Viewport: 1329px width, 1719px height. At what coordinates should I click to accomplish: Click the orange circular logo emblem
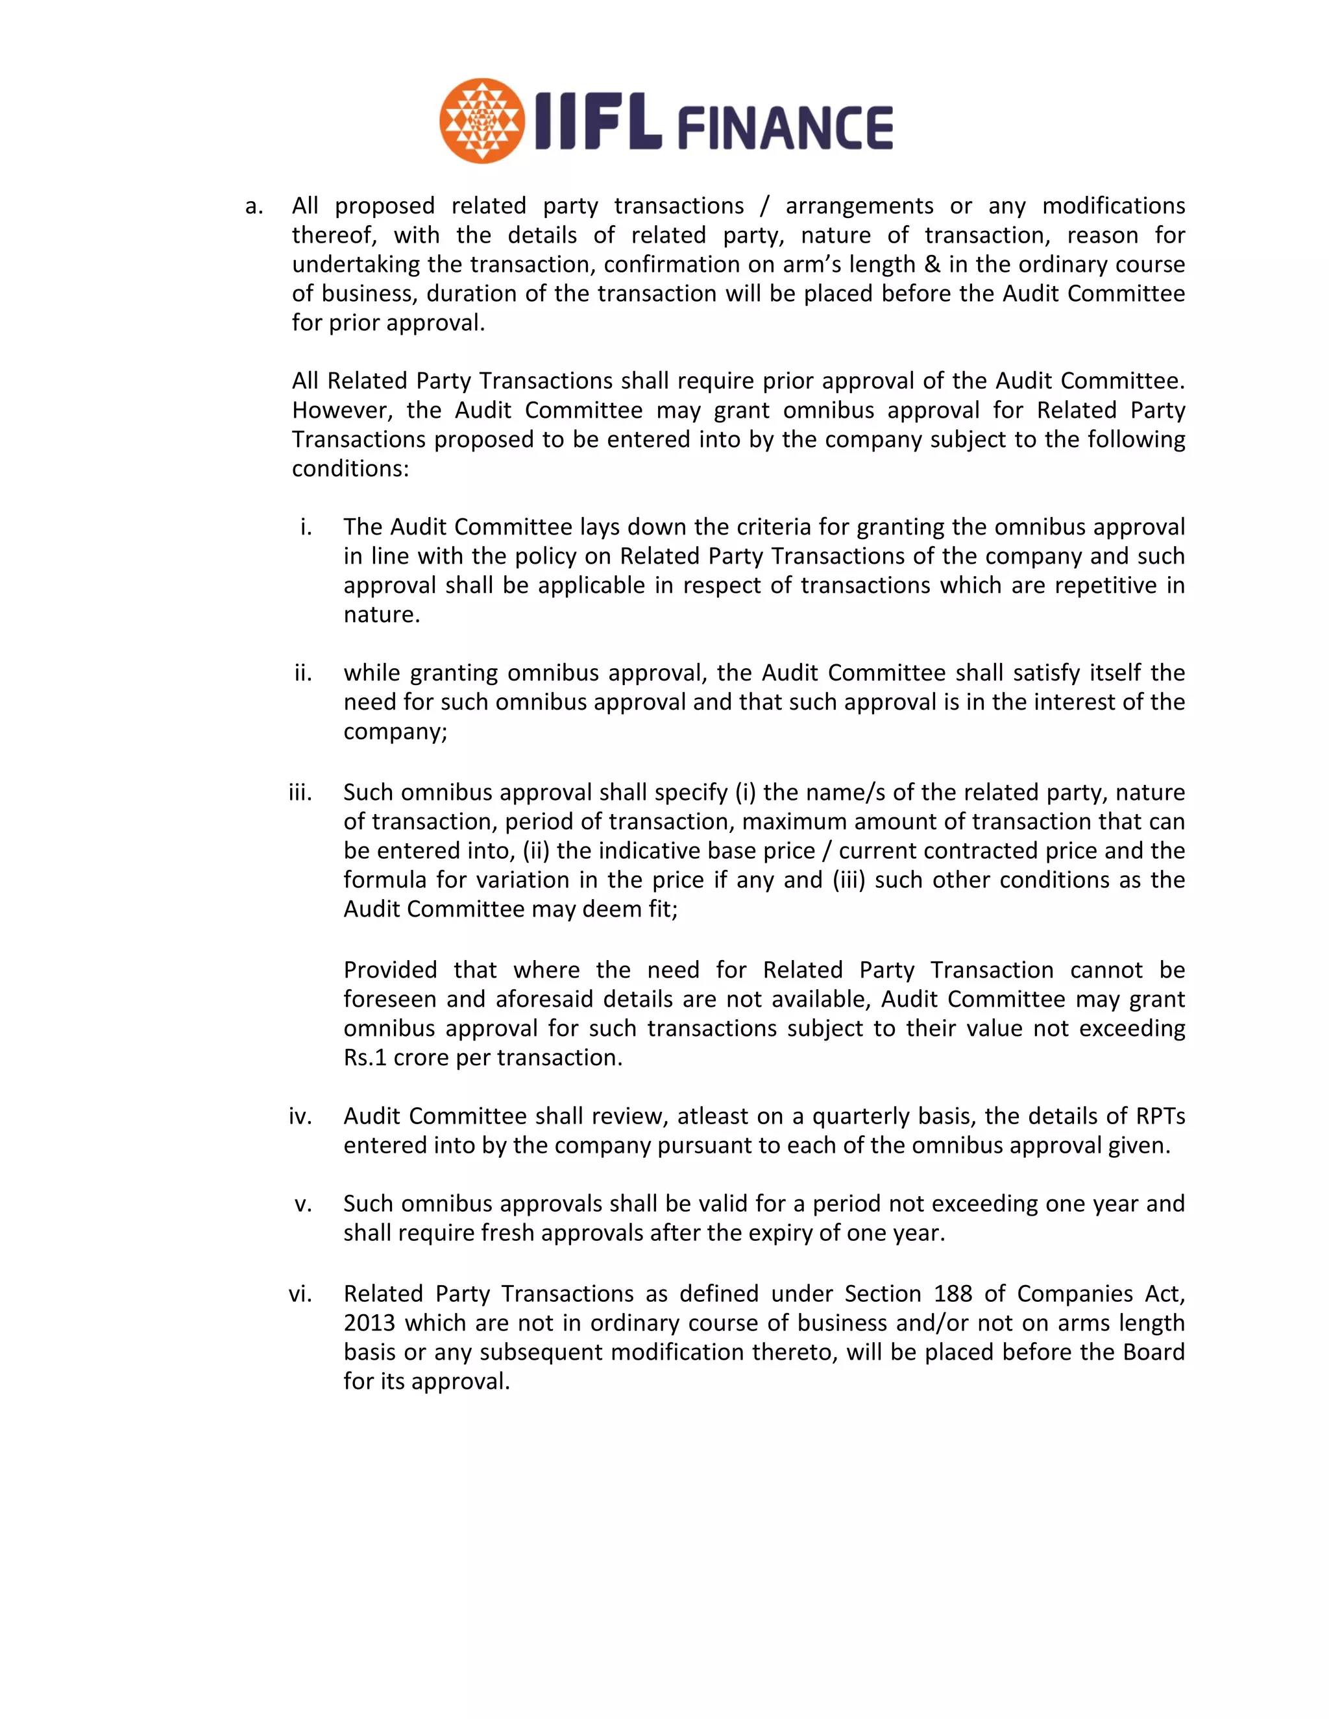[482, 121]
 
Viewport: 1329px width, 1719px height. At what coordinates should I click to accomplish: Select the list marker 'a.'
[254, 206]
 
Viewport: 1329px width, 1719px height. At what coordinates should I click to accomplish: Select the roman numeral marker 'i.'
[306, 527]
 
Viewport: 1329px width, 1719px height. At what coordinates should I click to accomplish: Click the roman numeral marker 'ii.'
[303, 673]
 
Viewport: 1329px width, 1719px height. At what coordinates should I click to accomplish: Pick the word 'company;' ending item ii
[395, 731]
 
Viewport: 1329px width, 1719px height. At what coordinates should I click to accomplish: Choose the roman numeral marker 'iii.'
[300, 793]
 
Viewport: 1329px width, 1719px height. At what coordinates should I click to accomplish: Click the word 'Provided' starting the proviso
[390, 970]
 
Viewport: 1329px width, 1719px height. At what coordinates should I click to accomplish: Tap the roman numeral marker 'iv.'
[300, 1116]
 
